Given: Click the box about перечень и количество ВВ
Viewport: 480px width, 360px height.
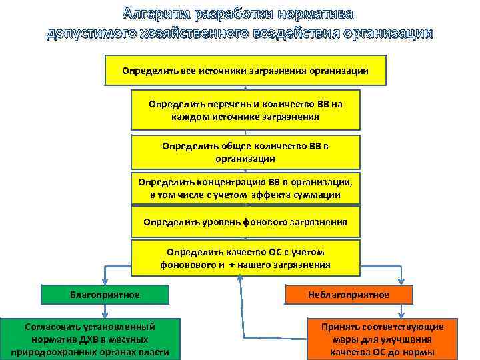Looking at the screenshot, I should pyautogui.click(x=245, y=110).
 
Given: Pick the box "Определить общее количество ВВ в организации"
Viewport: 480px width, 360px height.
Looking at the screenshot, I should pyautogui.click(x=245, y=152).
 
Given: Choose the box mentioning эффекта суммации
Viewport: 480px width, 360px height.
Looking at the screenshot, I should pyautogui.click(x=245, y=188).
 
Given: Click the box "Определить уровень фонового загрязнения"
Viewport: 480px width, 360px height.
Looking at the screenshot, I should pyautogui.click(x=245, y=222).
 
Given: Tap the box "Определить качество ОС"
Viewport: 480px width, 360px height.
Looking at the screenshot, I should pyautogui.click(x=245, y=258).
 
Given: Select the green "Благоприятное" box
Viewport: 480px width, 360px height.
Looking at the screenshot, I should pyautogui.click(x=105, y=294).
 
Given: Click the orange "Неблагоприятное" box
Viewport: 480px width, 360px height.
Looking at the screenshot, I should pyautogui.click(x=349, y=294).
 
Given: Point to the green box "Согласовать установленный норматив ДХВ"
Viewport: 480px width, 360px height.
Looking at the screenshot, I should pyautogui.click(x=90, y=339).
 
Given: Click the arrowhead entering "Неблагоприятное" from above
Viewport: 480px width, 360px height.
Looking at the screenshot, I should pyautogui.click(x=401, y=281).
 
